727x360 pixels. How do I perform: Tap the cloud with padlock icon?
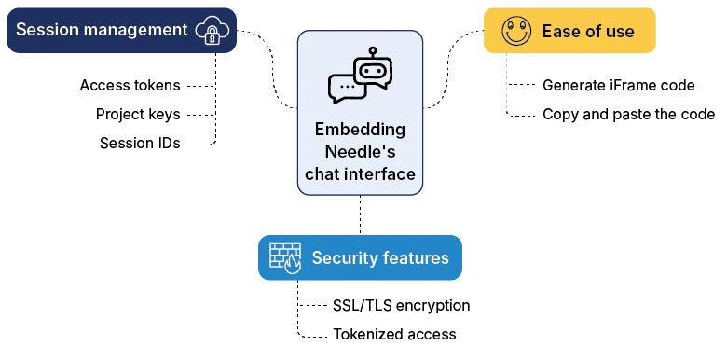click(x=212, y=31)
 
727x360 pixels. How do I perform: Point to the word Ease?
click(x=560, y=32)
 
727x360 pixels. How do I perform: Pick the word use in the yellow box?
click(x=619, y=32)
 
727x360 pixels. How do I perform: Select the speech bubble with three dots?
click(x=346, y=87)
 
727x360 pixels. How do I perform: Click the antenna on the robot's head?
click(x=372, y=50)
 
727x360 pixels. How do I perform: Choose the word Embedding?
click(x=360, y=129)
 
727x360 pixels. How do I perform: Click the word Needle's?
click(x=360, y=152)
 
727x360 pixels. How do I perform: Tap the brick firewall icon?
click(x=285, y=257)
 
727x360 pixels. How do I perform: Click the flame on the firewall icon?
click(x=294, y=265)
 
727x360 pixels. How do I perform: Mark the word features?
click(x=416, y=257)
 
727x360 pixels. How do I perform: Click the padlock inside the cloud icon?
click(x=213, y=36)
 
